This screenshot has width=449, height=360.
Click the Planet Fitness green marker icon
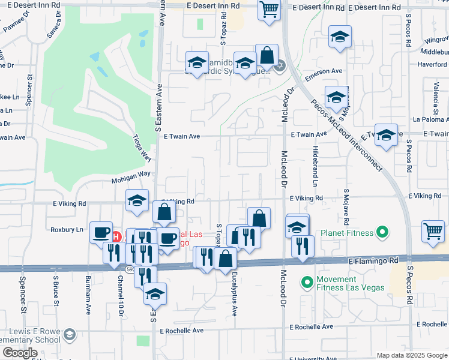381,233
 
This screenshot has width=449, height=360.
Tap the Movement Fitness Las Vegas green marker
307,281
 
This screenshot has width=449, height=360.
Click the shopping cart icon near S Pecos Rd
432,230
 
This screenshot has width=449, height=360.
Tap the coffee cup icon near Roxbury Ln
101,232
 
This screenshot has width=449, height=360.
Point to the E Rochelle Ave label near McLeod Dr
310,328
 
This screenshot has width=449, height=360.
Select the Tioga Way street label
141,147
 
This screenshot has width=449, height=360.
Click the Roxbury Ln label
67,229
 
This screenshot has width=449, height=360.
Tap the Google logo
20,353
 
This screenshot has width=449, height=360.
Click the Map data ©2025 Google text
412,355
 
